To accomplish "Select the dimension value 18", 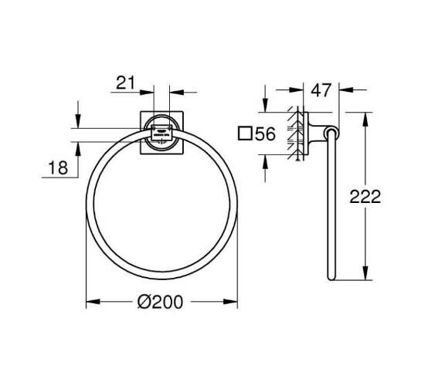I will (59, 167).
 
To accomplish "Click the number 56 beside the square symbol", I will (265, 134).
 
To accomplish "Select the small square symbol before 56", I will (245, 134).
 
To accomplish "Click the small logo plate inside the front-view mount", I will (161, 131).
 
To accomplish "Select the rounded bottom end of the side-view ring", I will (333, 276).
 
